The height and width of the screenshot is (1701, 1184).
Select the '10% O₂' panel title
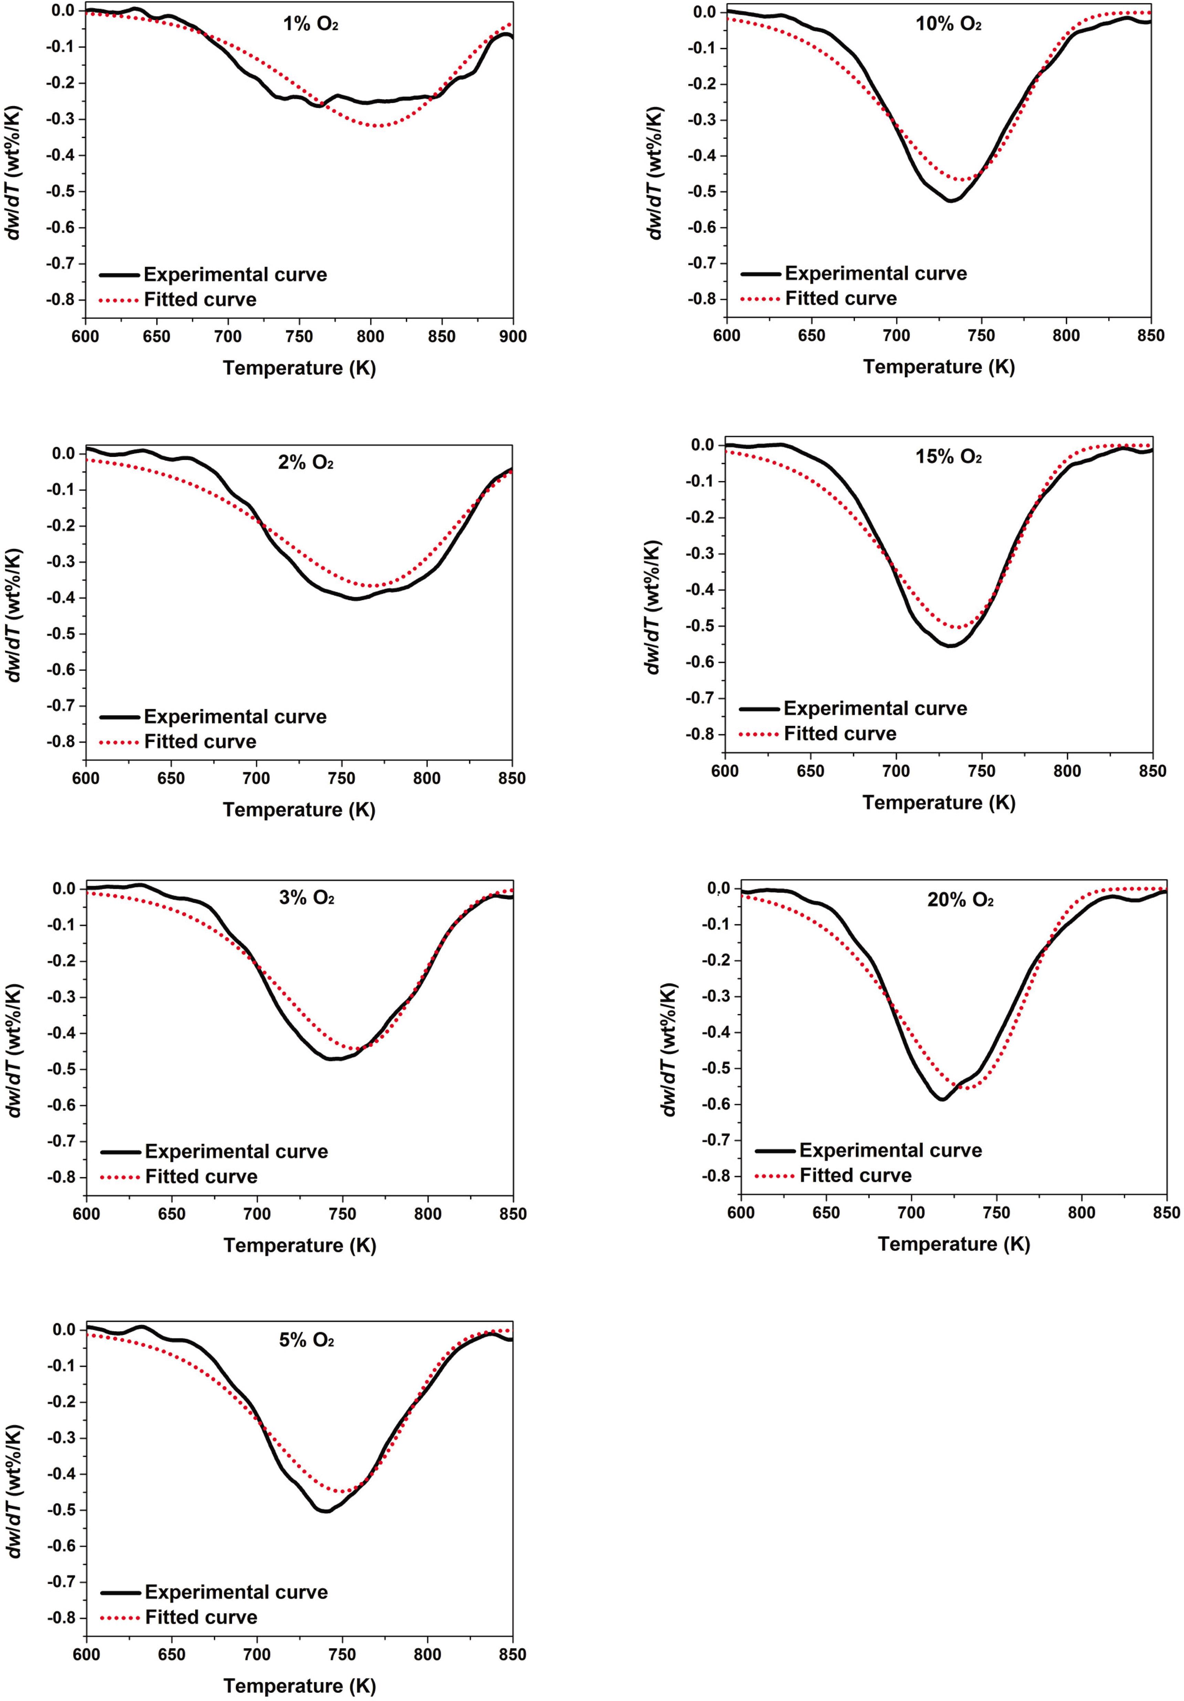(x=949, y=24)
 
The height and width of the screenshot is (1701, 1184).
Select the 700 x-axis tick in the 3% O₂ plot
(x=257, y=1214)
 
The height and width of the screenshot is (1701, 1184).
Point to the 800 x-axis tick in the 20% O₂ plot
(x=1082, y=1213)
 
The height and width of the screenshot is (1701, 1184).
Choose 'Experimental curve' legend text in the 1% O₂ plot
(x=235, y=275)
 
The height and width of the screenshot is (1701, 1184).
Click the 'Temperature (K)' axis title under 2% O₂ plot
(x=299, y=810)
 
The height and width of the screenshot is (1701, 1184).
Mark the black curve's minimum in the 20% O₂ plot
(x=942, y=1099)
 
